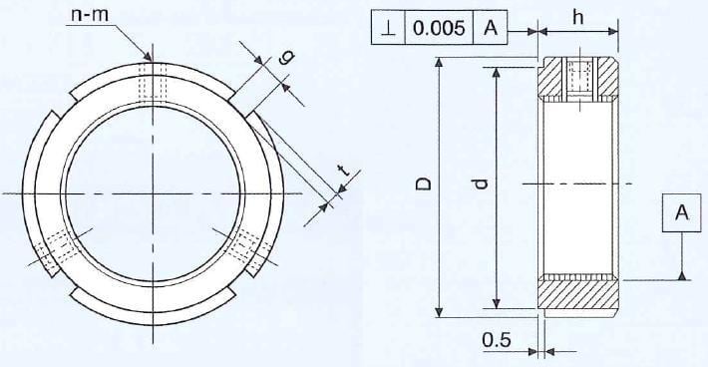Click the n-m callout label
coord(91,16)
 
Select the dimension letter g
coord(288,57)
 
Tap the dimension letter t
coord(344,171)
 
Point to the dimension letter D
coord(424,184)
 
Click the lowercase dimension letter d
coord(482,184)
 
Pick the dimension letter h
coord(578,18)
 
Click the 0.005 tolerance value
coord(439,28)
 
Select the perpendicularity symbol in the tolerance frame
coord(388,29)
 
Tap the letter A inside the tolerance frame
coord(491,28)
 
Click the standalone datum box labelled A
coord(682,212)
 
